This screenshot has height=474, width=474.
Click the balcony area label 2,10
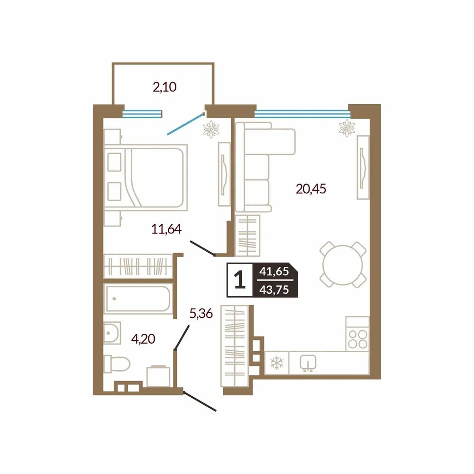click(x=164, y=87)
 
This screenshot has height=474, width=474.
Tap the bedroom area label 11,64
click(x=166, y=229)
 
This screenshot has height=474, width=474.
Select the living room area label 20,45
click(x=311, y=189)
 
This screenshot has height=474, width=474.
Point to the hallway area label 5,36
click(x=201, y=313)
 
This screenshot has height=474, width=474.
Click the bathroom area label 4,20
click(x=143, y=339)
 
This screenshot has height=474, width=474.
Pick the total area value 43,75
click(x=274, y=290)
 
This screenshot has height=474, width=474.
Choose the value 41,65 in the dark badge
click(x=274, y=272)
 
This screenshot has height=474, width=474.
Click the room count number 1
click(x=240, y=280)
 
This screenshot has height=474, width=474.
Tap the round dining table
click(x=343, y=265)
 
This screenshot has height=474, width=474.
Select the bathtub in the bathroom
click(x=138, y=298)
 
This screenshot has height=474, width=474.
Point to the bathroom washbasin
click(x=112, y=333)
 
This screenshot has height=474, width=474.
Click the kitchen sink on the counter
click(x=308, y=363)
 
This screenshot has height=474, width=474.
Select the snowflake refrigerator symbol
click(x=277, y=363)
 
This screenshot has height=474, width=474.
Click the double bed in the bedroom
click(x=146, y=177)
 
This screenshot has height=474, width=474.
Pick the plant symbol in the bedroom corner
click(x=211, y=129)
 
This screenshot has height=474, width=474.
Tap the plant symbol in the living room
click(x=347, y=128)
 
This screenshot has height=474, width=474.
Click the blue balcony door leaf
click(x=186, y=124)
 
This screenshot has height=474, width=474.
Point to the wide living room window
click(x=302, y=114)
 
